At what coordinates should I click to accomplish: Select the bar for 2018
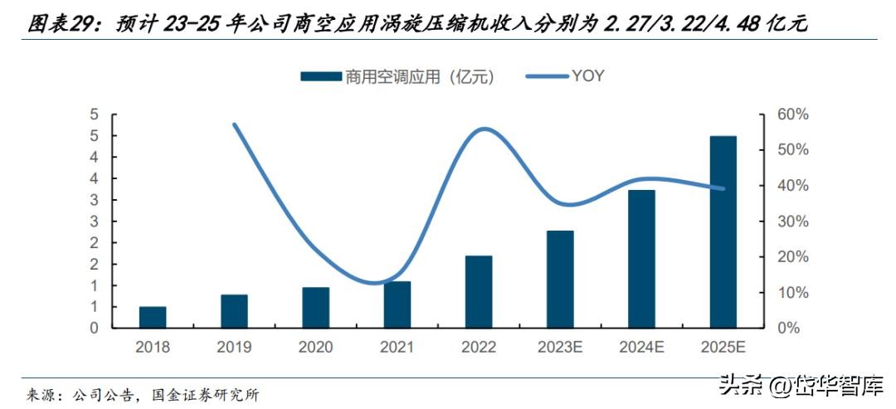pos(153,318)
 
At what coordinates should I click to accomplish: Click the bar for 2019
pos(234,311)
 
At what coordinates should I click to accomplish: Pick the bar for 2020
pos(315,308)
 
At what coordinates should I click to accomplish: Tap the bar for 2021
pos(397,304)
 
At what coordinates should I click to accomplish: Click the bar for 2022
pos(479,292)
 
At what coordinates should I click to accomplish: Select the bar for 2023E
pos(560,280)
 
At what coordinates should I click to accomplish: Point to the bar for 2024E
pos(641,259)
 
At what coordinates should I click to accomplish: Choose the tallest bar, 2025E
pos(723,232)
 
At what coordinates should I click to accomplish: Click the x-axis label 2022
pos(479,347)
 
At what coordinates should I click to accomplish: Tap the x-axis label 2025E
pos(723,347)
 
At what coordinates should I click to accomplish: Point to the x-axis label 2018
pos(153,347)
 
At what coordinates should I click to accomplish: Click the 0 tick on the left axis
pos(94,329)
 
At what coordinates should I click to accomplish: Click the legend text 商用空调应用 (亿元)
pos(420,76)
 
